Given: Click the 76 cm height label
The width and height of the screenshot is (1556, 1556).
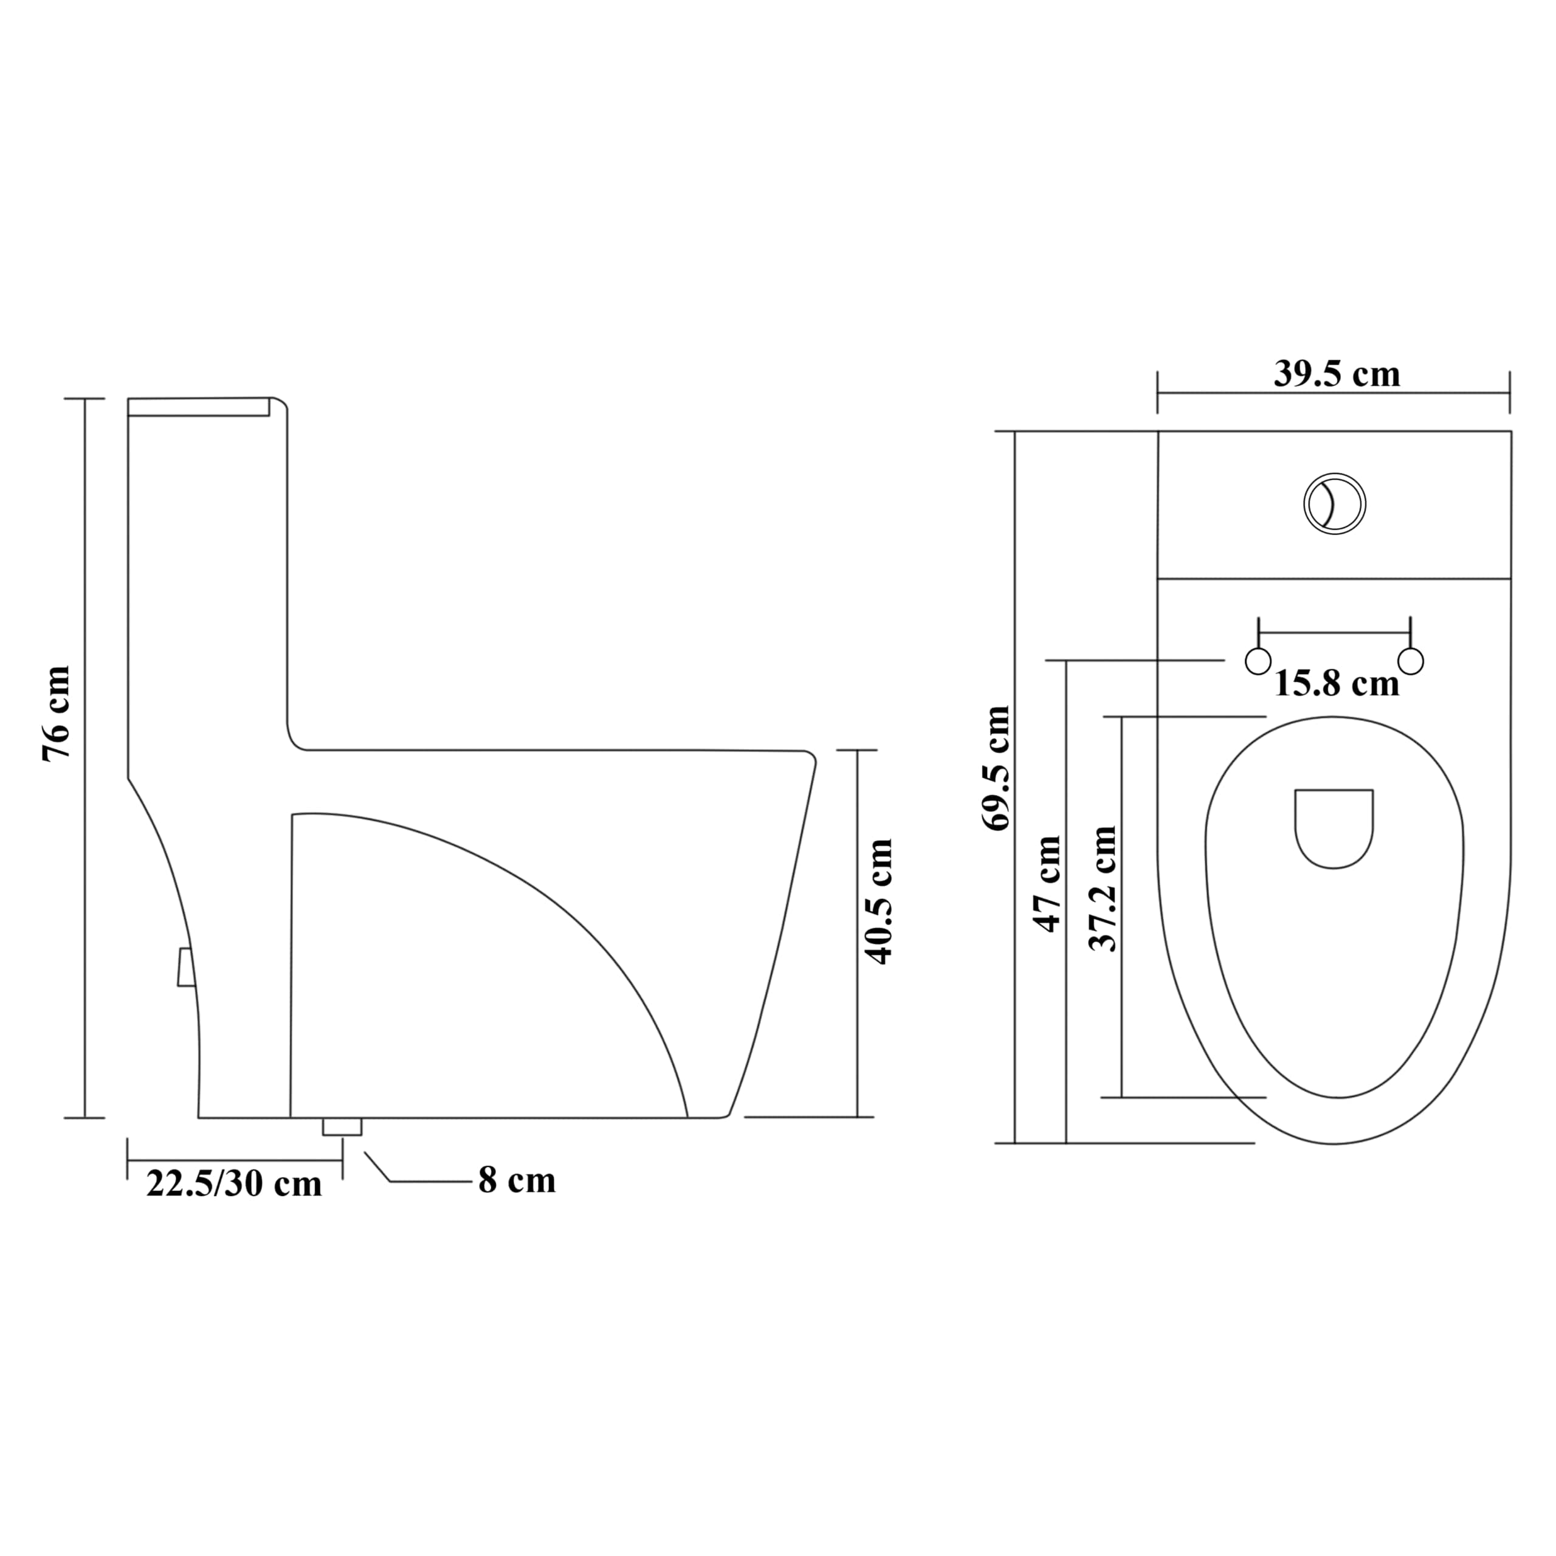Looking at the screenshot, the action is point(57,713).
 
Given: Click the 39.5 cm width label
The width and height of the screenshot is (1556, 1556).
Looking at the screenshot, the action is point(1337,374).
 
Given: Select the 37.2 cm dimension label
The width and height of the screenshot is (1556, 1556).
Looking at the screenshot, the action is point(1103,889).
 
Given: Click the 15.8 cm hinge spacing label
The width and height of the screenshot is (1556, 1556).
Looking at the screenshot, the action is point(1337,684).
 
